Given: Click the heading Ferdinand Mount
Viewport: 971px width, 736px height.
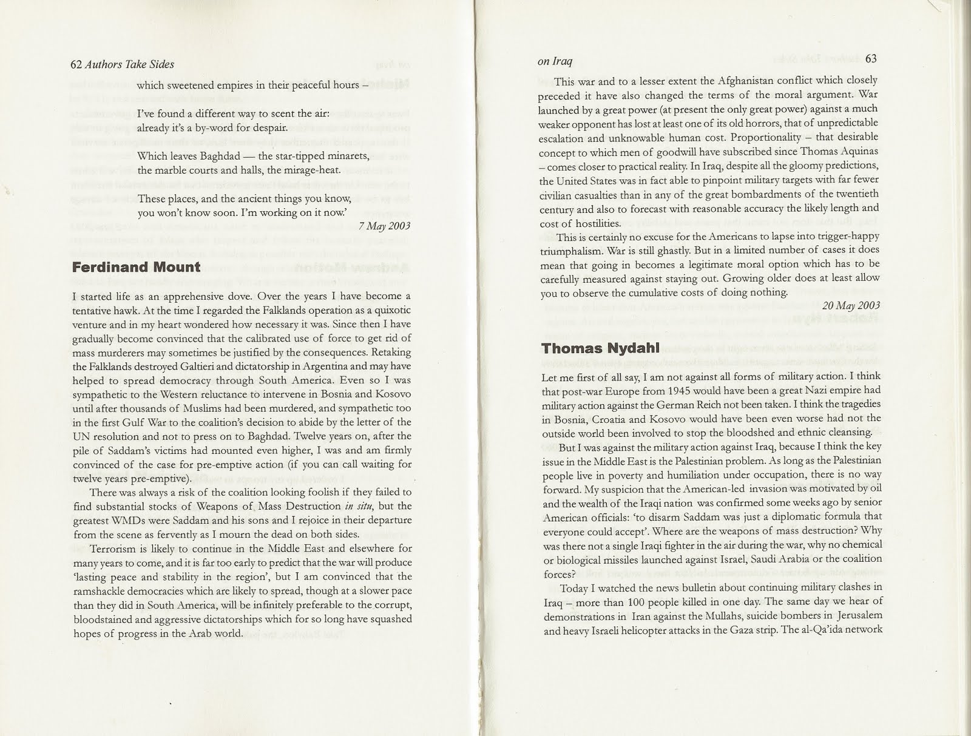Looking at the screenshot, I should (136, 267).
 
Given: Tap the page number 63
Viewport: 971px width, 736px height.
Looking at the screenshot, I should (871, 59).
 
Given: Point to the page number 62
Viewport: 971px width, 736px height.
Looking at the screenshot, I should (76, 64).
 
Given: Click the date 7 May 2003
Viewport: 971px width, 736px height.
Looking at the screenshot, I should (384, 226).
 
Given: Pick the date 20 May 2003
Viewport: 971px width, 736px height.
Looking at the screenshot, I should (851, 305).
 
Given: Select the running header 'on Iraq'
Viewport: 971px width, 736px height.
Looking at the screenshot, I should (555, 61).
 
